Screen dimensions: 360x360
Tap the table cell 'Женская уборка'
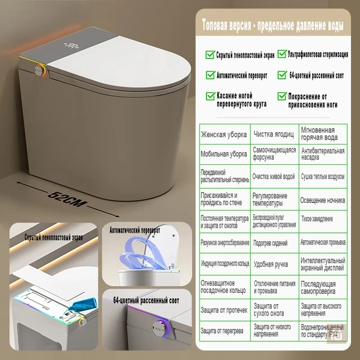point(224,134)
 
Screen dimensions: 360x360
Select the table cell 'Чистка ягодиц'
point(274,134)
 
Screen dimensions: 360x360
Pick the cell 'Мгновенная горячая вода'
point(322,134)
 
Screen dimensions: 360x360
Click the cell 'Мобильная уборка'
point(224,154)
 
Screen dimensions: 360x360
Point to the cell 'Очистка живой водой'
point(274,176)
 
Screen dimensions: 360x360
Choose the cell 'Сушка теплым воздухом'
point(322,176)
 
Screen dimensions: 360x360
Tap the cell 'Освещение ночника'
point(322,199)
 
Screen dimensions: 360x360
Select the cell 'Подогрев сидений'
point(274,243)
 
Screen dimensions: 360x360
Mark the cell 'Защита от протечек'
point(224,309)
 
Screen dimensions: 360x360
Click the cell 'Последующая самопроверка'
point(322,287)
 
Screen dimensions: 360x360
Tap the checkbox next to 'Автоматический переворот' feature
point(210,74)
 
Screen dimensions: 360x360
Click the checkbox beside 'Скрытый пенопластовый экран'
point(210,55)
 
